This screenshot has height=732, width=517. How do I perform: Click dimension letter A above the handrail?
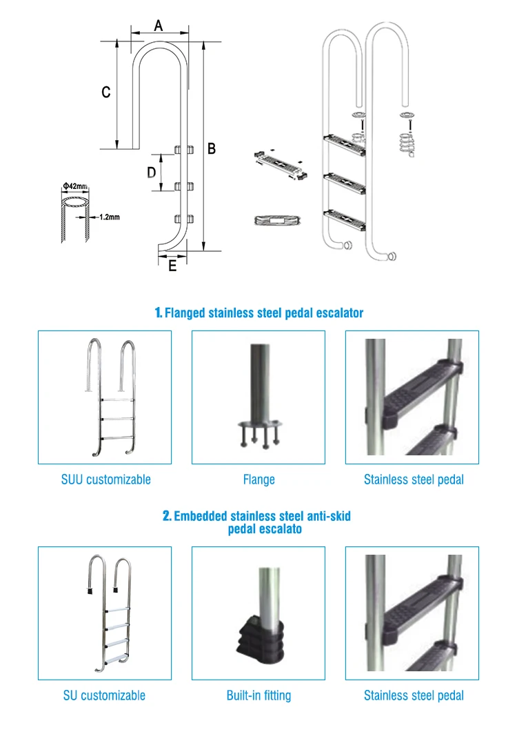click(159, 26)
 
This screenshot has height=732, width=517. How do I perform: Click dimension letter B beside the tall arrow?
click(212, 148)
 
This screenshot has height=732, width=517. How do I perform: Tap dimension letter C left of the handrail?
click(106, 92)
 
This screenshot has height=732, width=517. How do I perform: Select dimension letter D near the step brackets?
click(151, 172)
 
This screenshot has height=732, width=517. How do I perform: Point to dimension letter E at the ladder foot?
click(172, 266)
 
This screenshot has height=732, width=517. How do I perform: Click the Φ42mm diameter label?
click(75, 186)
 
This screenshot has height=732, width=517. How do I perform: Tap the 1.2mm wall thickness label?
click(110, 217)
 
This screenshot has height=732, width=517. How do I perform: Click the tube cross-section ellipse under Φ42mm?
click(75, 201)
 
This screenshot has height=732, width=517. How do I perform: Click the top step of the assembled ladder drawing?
click(345, 144)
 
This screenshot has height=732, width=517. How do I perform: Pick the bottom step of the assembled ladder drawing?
click(345, 219)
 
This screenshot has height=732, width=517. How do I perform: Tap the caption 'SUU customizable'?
click(106, 479)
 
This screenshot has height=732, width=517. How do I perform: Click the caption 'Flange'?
click(259, 479)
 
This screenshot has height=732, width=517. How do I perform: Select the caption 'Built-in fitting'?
click(259, 695)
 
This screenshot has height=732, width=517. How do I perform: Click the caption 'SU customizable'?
click(105, 695)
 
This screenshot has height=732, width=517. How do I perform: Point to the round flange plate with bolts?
click(260, 425)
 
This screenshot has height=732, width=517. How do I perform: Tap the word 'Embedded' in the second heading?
click(201, 516)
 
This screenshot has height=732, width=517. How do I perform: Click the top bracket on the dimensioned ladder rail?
click(184, 150)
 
